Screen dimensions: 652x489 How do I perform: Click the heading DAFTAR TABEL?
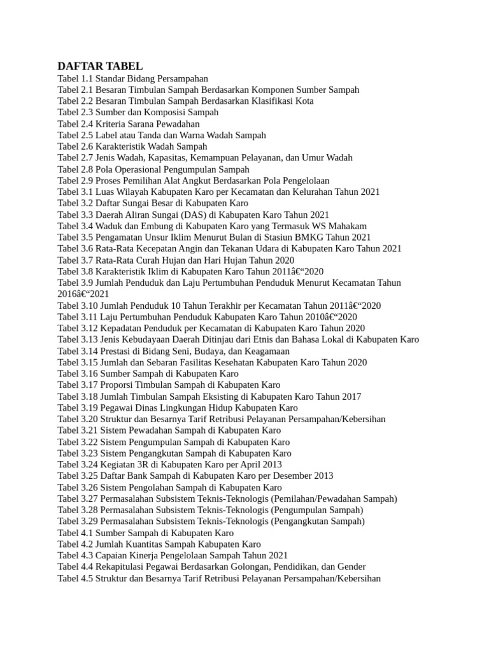pyautogui.click(x=100, y=66)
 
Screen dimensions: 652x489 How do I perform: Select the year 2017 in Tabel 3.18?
pyautogui.click(x=350, y=397)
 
